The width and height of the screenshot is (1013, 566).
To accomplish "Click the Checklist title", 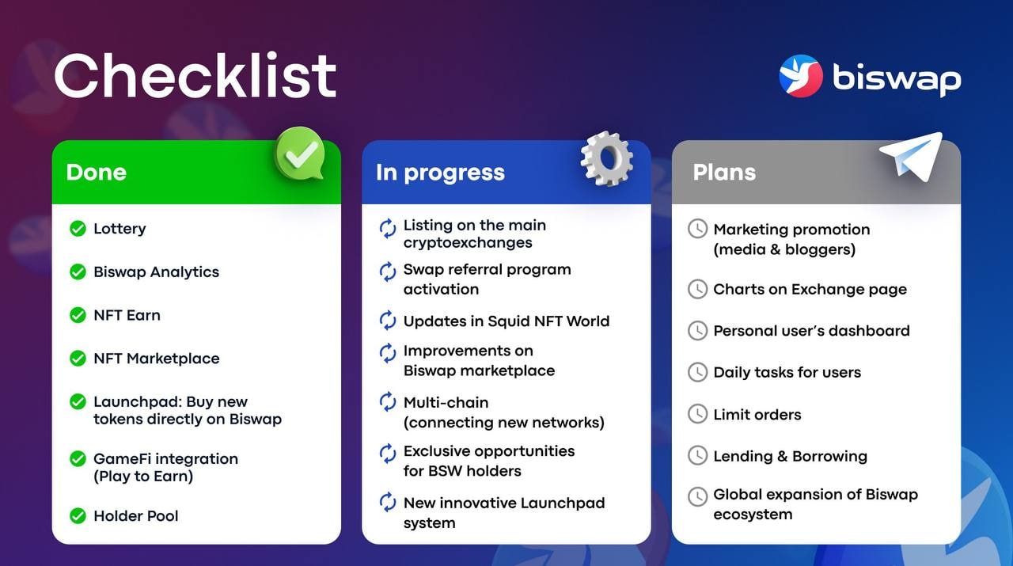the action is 195,75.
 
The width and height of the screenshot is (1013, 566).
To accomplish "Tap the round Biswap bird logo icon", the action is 800,75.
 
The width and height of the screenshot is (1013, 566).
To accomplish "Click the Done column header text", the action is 97,172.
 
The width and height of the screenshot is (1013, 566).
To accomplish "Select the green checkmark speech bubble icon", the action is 299,154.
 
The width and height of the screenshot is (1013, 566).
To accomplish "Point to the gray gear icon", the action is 606,158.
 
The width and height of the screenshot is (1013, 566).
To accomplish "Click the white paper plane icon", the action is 912,155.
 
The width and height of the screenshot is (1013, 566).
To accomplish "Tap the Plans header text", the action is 724,172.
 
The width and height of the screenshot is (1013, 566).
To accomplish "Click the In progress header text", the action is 440,173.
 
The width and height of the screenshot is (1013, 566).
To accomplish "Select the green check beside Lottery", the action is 78,229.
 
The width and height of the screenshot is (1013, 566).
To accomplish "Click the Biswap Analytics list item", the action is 156,272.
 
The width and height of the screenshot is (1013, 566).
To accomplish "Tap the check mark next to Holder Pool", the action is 78,516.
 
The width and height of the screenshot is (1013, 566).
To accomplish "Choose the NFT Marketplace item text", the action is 157,359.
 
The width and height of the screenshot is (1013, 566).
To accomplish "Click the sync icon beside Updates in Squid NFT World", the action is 388,321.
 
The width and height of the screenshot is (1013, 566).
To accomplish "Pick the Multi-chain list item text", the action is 504,412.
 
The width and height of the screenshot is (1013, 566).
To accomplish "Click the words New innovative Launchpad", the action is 504,503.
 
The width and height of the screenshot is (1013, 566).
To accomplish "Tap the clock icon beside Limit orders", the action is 697,414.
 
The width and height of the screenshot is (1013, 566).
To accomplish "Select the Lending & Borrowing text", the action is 790,456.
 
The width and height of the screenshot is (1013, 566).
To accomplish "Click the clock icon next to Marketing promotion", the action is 697,229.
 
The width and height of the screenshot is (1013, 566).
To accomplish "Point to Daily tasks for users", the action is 787,372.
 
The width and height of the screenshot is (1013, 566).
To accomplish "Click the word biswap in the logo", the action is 897,78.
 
